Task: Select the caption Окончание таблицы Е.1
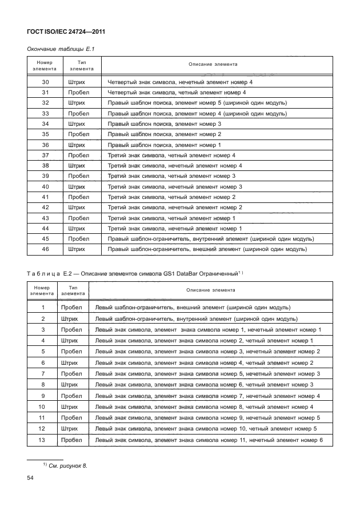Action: (61, 49)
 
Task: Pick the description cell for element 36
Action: (164, 145)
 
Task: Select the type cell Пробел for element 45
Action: (78, 239)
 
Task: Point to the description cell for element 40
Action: (175, 187)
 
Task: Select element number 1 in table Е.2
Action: (43, 308)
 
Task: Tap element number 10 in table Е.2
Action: (43, 407)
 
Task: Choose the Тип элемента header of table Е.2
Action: (73, 289)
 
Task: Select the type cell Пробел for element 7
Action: (71, 373)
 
